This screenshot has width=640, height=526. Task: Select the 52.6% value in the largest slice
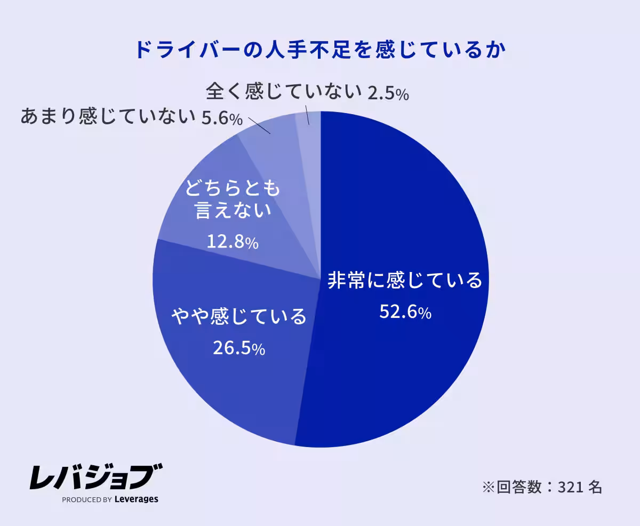point(405,312)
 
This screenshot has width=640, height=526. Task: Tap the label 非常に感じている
point(404,280)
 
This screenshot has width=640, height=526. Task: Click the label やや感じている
point(238,316)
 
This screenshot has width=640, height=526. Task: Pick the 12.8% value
point(232,243)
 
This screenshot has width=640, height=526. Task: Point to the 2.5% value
point(388,94)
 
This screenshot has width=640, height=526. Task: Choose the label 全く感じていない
point(284,92)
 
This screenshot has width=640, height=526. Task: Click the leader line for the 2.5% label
point(308,115)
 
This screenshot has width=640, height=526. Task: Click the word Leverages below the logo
point(137,499)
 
